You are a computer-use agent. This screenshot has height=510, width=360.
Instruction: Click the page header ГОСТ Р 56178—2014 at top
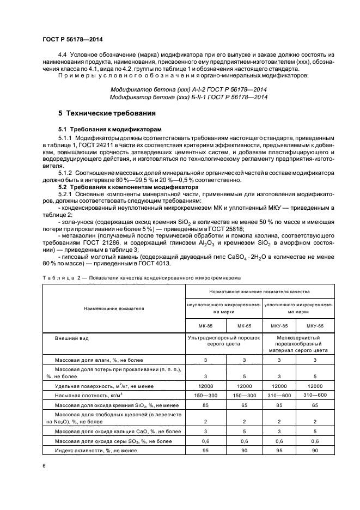[72, 39]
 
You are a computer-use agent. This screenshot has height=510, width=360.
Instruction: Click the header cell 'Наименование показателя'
[114, 308]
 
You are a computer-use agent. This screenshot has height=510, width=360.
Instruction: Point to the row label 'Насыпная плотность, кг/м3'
[88, 393]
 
